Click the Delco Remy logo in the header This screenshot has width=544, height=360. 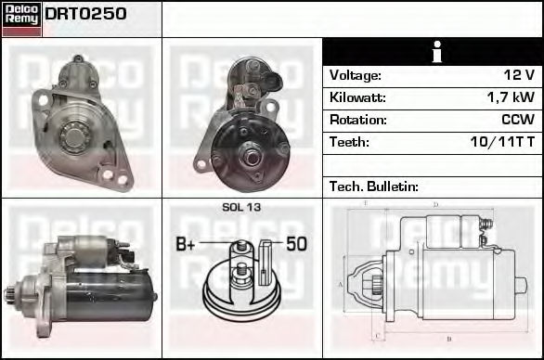point(22,19)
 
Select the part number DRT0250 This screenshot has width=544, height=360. point(85,14)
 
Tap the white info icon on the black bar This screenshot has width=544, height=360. point(437,52)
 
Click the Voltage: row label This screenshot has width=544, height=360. point(355,75)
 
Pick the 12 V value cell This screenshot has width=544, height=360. point(519,75)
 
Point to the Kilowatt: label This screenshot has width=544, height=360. point(357,97)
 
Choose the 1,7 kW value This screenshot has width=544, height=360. point(511,97)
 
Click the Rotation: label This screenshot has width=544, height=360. point(357,120)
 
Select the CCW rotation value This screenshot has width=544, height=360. point(518,120)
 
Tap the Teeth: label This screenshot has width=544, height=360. point(349,142)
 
